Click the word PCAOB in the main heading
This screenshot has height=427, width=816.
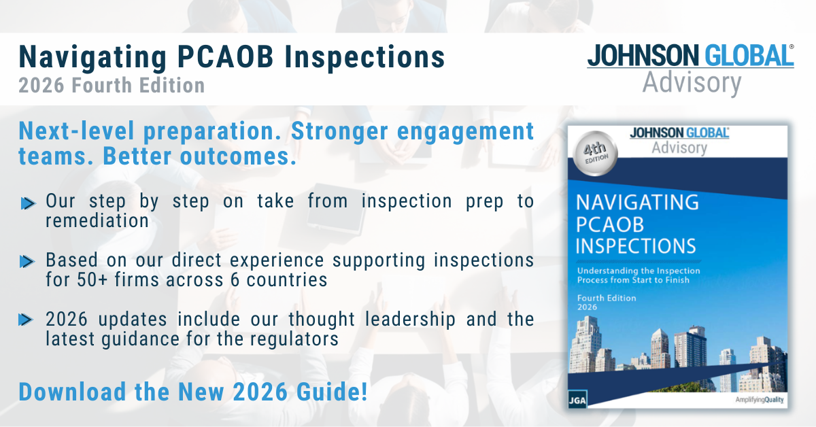[225, 57]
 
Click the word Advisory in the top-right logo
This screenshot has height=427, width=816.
[692, 84]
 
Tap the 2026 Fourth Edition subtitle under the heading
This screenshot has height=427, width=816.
[112, 85]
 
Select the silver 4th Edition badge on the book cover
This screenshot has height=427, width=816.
[595, 153]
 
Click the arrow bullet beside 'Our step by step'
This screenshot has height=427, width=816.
[28, 203]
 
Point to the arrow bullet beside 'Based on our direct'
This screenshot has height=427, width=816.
[27, 262]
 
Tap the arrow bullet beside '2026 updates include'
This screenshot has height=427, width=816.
[26, 320]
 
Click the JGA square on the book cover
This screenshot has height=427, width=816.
[577, 400]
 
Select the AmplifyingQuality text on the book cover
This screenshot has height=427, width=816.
[759, 400]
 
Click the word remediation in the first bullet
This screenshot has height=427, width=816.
[97, 221]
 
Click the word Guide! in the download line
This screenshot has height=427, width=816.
[332, 392]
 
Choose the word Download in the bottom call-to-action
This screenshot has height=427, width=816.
[72, 392]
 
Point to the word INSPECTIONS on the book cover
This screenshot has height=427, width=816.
[636, 246]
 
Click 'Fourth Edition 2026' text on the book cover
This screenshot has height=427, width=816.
[607, 303]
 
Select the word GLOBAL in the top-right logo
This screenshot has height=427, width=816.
[749, 56]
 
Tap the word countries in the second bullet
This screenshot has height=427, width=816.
[287, 280]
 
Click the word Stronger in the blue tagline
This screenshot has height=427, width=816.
[339, 131]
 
